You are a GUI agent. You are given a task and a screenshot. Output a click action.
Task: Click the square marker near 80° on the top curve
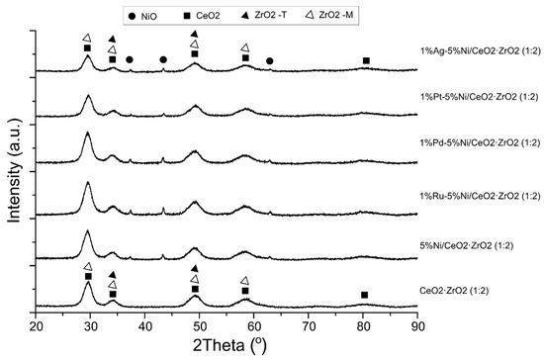coord(366,61)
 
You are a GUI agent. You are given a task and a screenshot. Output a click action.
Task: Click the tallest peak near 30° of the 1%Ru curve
coord(88,183)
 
